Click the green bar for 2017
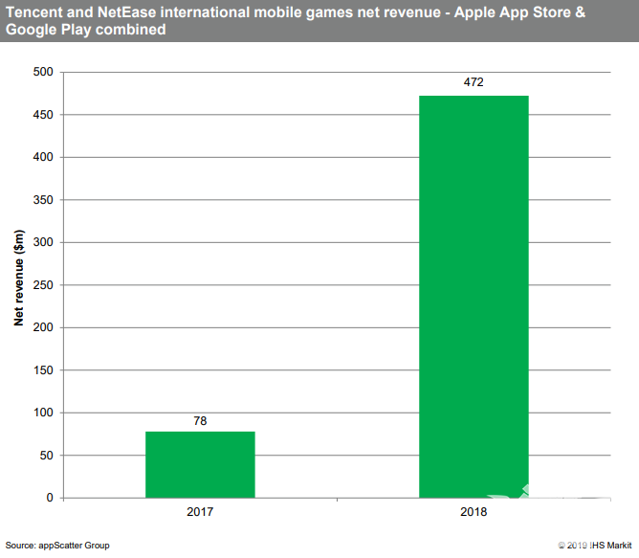coord(200,464)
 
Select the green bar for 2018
coord(474,297)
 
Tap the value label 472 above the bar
coord(474,82)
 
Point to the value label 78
coord(200,419)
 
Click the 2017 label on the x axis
coord(200,513)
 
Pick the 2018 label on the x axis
coord(474,513)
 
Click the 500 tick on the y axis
coord(42,72)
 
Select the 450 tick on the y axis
coord(42,115)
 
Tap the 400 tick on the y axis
coord(42,157)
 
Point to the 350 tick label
coord(42,200)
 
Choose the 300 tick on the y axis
coord(42,242)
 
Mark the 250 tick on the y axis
coord(42,285)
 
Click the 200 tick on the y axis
coord(42,327)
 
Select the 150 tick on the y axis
coord(42,370)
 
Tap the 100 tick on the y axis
coord(42,413)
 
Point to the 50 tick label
coord(45,456)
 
